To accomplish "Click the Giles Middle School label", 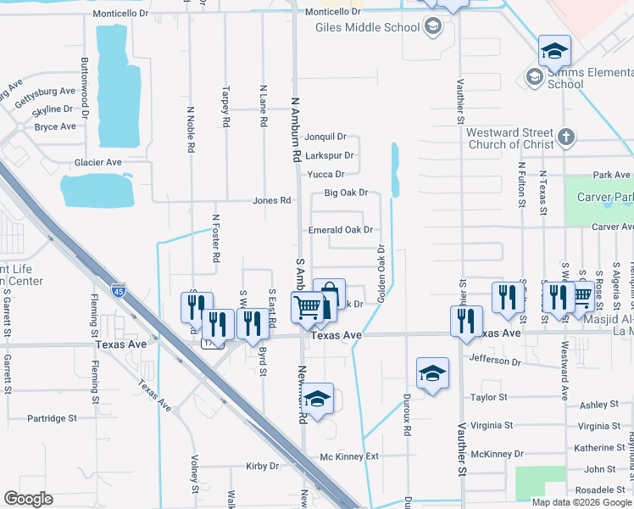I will click(367, 27).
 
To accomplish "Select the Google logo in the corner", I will click(29, 499).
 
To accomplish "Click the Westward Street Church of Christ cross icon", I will click(567, 137).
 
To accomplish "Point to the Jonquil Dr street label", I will click(325, 137).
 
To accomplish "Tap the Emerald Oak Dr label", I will click(341, 230).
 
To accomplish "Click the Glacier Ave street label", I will click(98, 162).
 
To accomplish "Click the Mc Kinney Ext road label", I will click(348, 456).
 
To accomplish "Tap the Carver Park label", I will click(604, 198).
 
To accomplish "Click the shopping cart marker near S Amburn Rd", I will click(307, 306).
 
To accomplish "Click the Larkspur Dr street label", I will click(329, 155).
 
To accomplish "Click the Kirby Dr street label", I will click(262, 467).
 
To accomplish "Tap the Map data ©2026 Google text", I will click(581, 502).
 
